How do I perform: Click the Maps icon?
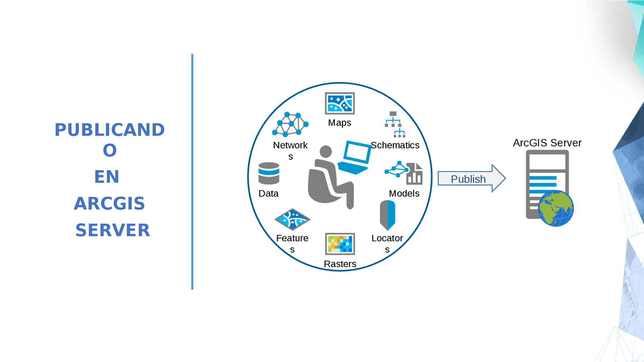click(340, 103)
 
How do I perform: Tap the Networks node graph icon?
click(290, 125)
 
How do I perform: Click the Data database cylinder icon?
click(269, 173)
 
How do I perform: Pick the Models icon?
click(404, 173)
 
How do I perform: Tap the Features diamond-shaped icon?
click(292, 220)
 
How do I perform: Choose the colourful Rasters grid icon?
click(340, 244)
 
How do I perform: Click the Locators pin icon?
click(388, 215)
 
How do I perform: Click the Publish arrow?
click(471, 178)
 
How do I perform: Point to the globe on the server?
click(556, 208)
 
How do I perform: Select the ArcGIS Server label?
click(547, 143)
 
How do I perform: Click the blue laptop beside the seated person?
click(355, 157)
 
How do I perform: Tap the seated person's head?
click(326, 152)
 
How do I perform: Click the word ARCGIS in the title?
click(109, 204)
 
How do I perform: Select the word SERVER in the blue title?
click(113, 230)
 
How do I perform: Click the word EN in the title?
click(107, 177)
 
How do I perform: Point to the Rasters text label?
click(340, 264)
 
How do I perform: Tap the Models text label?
click(404, 193)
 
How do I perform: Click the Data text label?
click(268, 193)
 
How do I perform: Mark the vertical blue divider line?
click(192, 172)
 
